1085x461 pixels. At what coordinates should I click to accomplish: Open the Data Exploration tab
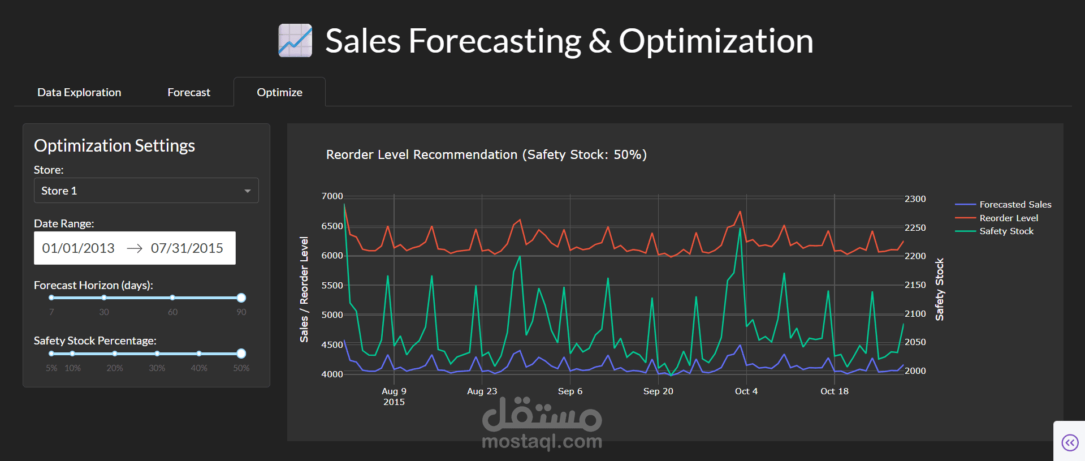79,92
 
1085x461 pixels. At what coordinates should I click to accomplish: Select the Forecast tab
189,92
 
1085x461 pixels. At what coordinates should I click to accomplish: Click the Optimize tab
279,92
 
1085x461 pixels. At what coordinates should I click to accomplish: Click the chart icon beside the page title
295,41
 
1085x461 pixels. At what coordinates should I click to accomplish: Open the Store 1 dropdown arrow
247,191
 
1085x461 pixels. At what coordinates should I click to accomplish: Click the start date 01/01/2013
79,248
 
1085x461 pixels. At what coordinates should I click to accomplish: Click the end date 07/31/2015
187,248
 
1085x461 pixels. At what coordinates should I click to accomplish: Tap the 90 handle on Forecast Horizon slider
241,298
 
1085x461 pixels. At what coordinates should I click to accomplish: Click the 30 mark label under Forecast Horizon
104,312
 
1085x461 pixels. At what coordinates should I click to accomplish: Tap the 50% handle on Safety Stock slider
241,354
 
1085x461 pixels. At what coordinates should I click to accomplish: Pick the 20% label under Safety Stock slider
115,368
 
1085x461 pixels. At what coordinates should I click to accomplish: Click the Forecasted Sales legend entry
1015,204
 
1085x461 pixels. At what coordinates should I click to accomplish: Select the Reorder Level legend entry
1009,218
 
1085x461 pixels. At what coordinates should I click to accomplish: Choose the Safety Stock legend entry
1006,231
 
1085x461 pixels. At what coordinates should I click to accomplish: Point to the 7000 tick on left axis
332,196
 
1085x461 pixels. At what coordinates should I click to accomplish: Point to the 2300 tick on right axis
915,199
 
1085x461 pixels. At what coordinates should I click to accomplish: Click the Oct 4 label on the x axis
746,391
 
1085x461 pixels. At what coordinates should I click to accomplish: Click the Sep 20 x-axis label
658,391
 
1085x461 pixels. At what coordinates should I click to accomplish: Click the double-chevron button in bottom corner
1070,442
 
